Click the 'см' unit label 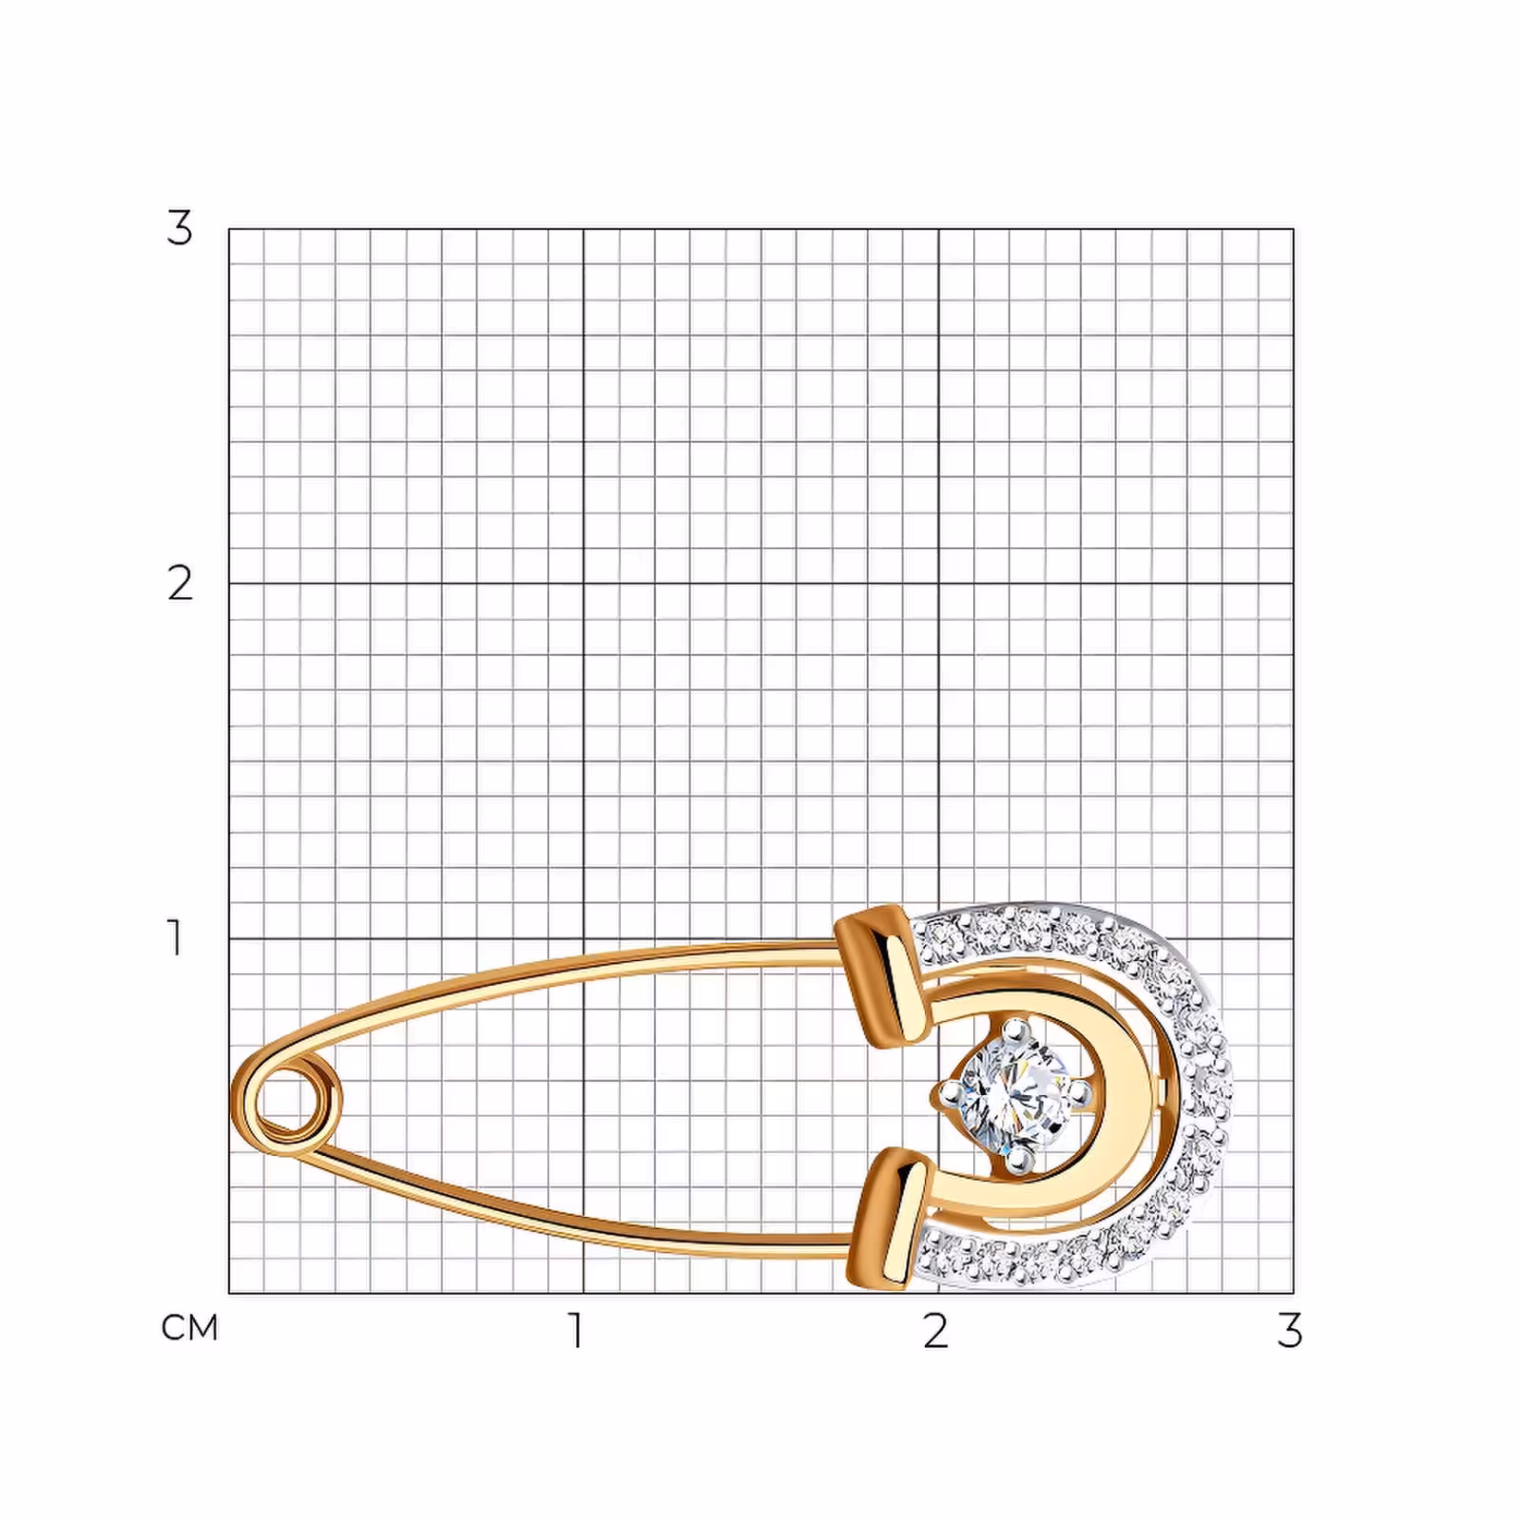pos(190,1328)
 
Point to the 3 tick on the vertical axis pos(180,228)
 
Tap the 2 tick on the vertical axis pos(180,583)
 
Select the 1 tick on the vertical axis pos(175,937)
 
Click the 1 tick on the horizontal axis pos(576,1331)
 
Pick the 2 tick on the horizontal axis pos(935,1331)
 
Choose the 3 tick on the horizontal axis pos(1289,1331)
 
